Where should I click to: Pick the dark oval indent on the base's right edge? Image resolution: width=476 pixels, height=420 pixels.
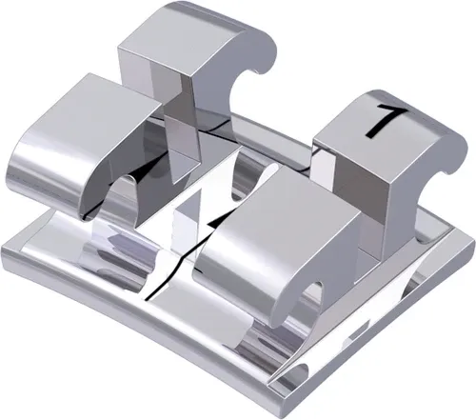pos(419,286)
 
